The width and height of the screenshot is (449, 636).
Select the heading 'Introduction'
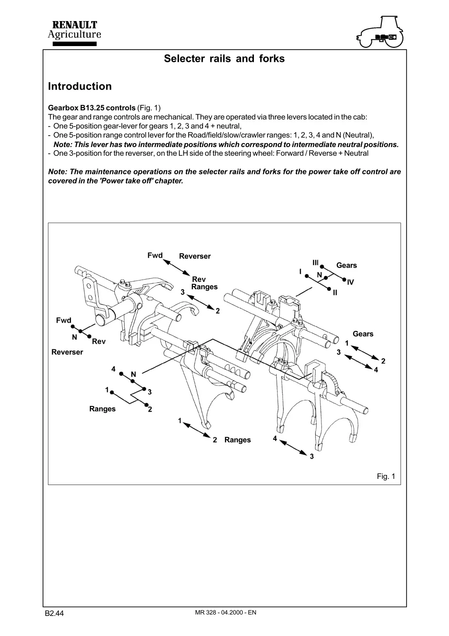click(x=80, y=86)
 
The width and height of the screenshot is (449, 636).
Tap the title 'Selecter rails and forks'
click(x=224, y=58)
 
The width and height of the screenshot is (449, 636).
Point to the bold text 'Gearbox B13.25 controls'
click(x=92, y=108)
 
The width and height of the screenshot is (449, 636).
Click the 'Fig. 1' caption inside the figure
click(x=386, y=476)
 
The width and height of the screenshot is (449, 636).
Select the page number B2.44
click(x=54, y=613)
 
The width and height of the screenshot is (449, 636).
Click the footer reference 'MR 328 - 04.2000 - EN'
click(x=225, y=612)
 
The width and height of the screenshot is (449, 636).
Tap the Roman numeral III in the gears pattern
click(x=315, y=262)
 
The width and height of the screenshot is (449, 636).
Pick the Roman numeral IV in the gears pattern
click(x=350, y=283)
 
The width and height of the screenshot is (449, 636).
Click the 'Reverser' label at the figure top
click(x=195, y=256)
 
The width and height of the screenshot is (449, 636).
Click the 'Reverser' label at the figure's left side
click(x=67, y=352)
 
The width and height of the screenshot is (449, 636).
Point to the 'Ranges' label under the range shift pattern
click(x=102, y=409)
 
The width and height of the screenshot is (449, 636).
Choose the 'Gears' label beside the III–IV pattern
click(x=346, y=265)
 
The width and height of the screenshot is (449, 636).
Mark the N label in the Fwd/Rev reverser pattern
click(x=74, y=337)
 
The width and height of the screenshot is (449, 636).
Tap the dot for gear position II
click(x=330, y=288)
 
